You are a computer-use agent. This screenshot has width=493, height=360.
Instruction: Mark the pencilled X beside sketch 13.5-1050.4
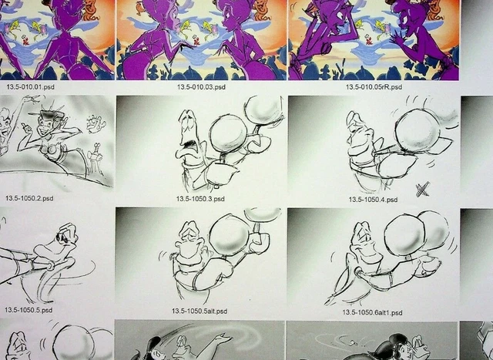coord(422,189)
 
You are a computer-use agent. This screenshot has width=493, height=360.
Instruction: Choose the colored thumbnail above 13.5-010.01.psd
coord(55,39)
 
